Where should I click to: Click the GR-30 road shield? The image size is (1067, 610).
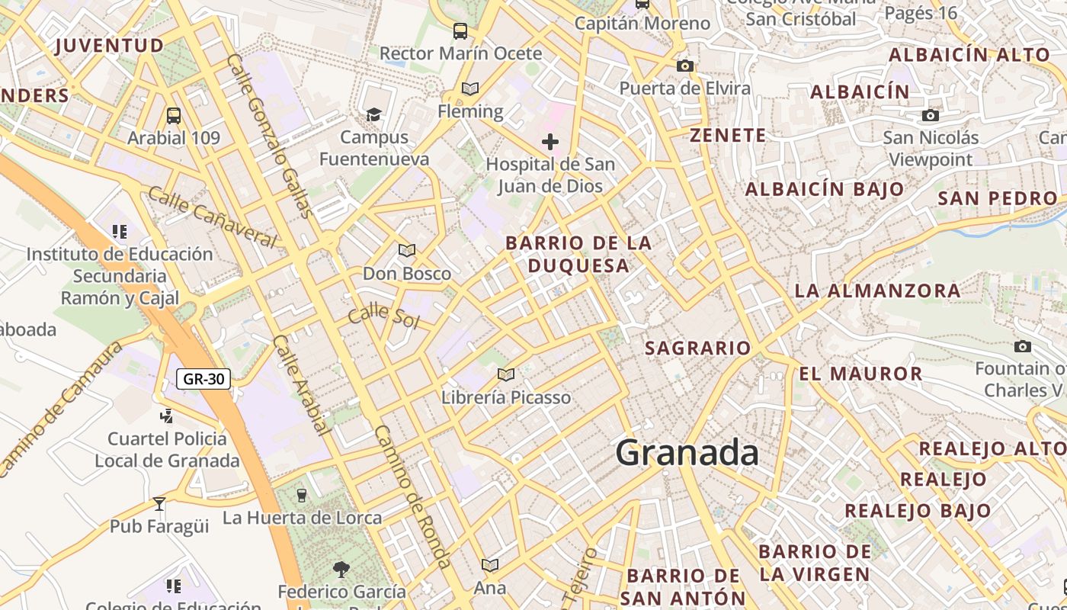click(203, 378)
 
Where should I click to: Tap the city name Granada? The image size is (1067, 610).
click(687, 453)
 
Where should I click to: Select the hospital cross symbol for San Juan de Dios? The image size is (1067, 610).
click(550, 142)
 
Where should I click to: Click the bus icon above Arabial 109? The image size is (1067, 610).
click(174, 116)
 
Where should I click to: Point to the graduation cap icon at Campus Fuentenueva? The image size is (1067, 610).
click(373, 115)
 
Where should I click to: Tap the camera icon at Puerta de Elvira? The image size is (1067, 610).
click(685, 66)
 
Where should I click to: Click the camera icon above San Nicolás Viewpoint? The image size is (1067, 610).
click(931, 116)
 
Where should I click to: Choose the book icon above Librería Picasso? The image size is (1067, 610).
click(506, 374)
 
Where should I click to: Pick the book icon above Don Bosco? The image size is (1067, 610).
click(407, 250)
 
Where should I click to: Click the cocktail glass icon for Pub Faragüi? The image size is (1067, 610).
click(159, 503)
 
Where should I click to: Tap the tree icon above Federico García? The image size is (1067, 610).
click(341, 569)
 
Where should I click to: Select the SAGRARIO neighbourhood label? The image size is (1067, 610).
click(698, 348)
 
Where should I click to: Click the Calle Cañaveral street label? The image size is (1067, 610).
click(213, 217)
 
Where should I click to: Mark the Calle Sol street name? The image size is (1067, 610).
click(384, 315)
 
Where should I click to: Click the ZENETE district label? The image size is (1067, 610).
click(728, 136)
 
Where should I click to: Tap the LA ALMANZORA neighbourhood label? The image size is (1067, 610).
click(878, 291)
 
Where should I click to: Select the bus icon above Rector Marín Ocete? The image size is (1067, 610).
click(460, 31)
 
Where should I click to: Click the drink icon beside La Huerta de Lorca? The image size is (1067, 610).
click(302, 496)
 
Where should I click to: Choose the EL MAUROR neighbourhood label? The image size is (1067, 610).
click(861, 374)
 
